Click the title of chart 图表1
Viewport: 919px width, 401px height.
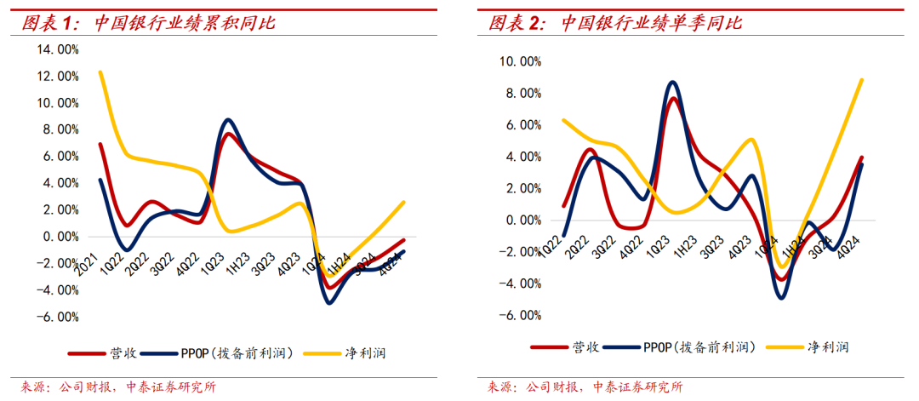click(x=148, y=22)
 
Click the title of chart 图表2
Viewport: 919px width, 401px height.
click(x=614, y=22)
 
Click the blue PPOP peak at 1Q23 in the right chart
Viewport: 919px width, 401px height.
click(x=673, y=82)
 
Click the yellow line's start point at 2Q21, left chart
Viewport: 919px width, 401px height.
click(x=100, y=72)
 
